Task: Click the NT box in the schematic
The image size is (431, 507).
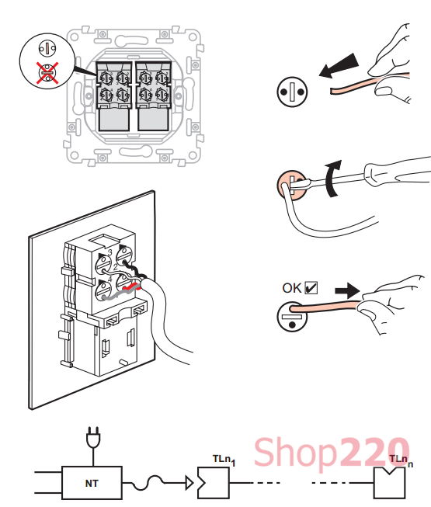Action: [92, 483]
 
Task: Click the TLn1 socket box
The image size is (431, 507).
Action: [214, 483]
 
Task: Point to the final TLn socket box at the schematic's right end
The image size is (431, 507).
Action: [389, 483]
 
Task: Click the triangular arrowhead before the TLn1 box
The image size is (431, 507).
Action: [189, 483]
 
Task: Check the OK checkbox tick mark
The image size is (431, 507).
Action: [311, 287]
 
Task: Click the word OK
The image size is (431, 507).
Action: [292, 288]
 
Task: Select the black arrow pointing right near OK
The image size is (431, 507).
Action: [347, 290]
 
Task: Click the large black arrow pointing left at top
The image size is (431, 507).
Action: [339, 66]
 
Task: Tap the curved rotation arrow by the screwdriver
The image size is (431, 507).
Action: [332, 179]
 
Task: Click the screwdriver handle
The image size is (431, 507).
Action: [398, 171]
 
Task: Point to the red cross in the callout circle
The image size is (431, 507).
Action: [47, 73]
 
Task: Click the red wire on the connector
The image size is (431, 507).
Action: [132, 286]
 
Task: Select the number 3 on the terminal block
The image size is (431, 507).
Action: [110, 252]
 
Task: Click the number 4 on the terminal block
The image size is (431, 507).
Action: [110, 279]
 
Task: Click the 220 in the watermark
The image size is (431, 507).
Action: [374, 451]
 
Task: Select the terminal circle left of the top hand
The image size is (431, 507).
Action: [292, 92]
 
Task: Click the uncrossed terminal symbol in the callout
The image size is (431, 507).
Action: [47, 49]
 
